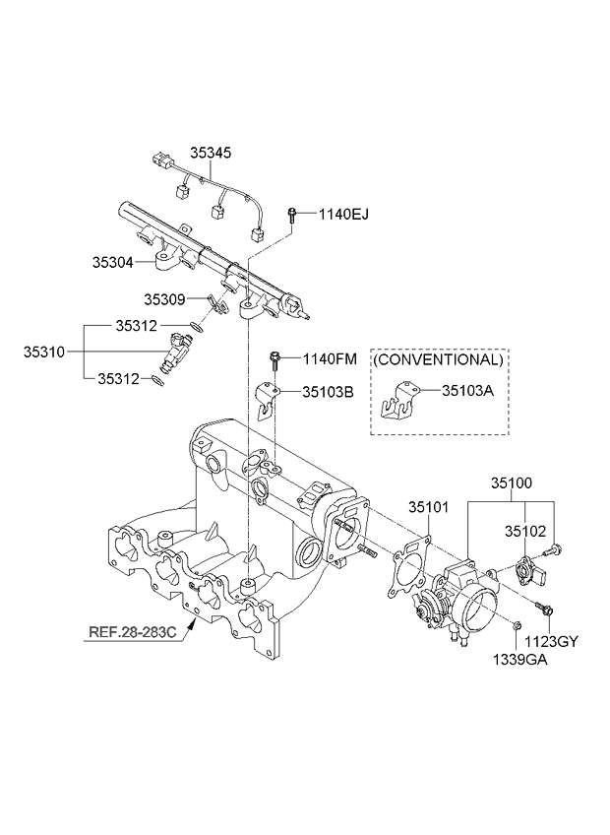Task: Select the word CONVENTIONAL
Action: (x=438, y=360)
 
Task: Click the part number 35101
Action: (x=429, y=507)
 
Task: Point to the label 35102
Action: (x=525, y=530)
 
